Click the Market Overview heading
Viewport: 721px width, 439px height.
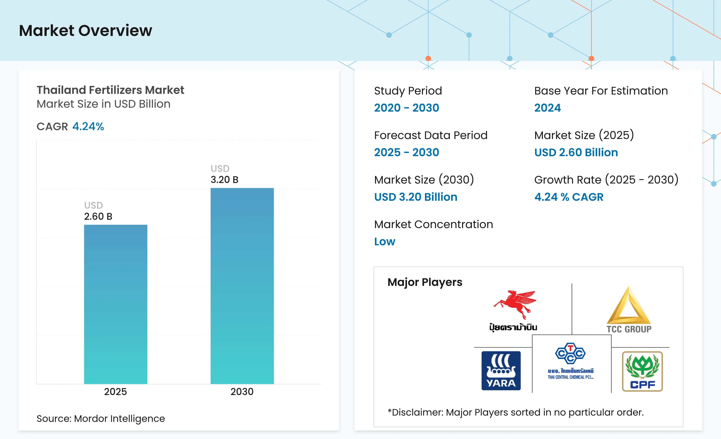coord(86,30)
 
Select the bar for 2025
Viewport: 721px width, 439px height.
coord(116,304)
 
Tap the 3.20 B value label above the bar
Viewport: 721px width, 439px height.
coord(224,179)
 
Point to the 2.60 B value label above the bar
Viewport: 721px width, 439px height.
coord(98,216)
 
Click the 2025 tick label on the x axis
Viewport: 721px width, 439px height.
coord(116,392)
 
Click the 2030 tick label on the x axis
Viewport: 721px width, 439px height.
coord(242,392)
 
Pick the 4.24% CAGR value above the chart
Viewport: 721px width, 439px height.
coord(88,126)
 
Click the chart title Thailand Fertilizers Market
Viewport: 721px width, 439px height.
coord(110,90)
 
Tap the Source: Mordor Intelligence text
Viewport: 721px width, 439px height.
coord(101,418)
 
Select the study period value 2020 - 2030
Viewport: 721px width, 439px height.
coord(407,108)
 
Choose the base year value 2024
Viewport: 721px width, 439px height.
coord(547,108)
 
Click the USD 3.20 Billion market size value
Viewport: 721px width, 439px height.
coord(416,197)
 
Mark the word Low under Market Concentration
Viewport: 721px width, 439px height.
coord(385,241)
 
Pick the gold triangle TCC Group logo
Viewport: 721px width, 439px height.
coord(629,310)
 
